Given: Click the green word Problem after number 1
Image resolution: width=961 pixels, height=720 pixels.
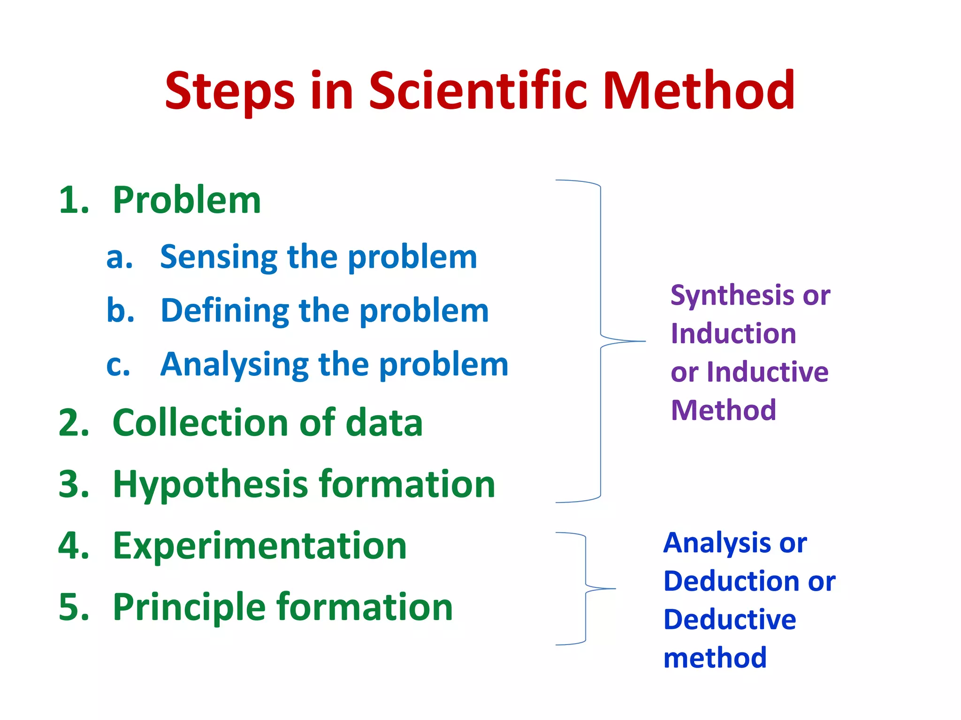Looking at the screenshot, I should (x=187, y=200).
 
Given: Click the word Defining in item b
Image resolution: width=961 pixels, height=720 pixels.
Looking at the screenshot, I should (x=225, y=311).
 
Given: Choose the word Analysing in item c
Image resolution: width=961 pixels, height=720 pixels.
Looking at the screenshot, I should (x=235, y=365).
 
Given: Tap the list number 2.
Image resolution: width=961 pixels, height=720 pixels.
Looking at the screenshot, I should (x=73, y=423).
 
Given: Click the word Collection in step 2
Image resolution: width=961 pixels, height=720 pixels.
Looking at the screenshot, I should (x=200, y=423).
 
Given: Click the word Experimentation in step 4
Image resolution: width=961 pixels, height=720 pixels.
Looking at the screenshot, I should (x=259, y=546).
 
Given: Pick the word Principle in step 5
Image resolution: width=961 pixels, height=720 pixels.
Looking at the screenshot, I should (x=190, y=608).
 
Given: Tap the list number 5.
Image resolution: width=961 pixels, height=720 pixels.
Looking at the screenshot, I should (x=73, y=607).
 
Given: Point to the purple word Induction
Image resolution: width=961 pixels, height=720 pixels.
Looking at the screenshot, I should (x=733, y=334).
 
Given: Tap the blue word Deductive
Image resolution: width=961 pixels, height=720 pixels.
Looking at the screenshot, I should (x=729, y=620).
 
